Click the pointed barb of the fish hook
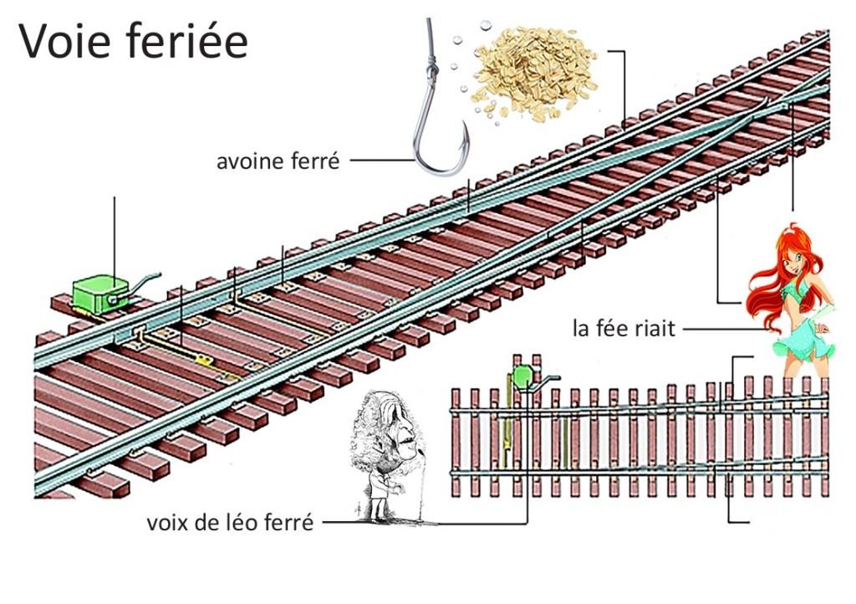pyautogui.click(x=462, y=127)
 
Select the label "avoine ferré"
pyautogui.click(x=278, y=161)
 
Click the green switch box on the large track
pyautogui.click(x=98, y=294)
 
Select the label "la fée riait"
pyautogui.click(x=624, y=328)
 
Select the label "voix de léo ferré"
pyautogui.click(x=230, y=524)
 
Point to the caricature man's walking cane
pyautogui.click(x=421, y=485)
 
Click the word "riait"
pyautogui.click(x=655, y=328)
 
